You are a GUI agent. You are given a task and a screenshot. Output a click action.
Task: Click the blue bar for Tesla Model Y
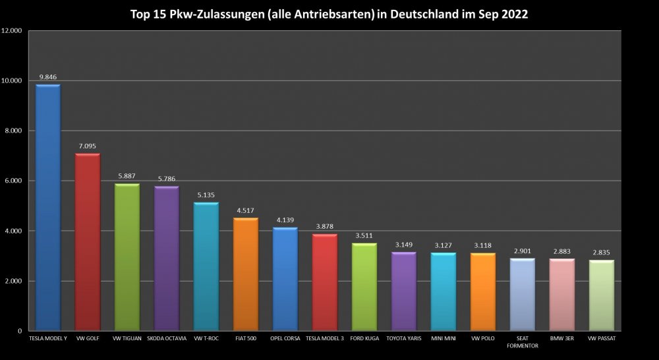(48, 207)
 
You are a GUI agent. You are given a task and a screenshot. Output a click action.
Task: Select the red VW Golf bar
(88, 241)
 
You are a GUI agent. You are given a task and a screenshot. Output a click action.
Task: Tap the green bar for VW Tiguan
(127, 256)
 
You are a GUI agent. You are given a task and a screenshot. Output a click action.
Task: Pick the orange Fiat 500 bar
(246, 274)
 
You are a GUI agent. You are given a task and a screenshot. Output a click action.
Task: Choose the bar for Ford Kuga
(364, 286)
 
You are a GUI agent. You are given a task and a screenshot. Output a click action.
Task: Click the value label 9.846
(49, 77)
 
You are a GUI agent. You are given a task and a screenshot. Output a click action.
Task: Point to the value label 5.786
(167, 179)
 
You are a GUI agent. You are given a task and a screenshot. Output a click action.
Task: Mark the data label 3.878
(325, 226)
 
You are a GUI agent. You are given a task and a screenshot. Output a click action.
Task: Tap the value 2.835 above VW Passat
(601, 253)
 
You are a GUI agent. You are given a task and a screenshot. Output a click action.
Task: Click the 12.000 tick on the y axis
(11, 31)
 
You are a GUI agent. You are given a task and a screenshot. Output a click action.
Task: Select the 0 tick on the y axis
(20, 331)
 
